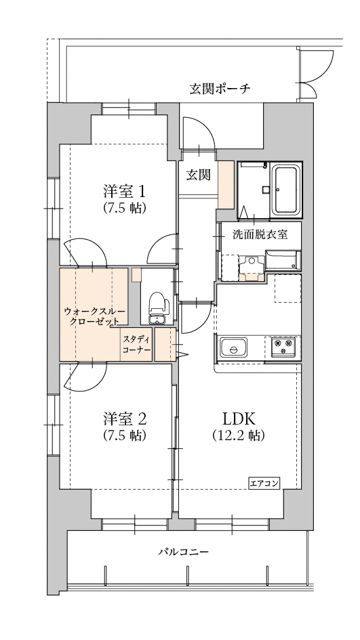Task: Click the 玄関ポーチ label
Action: coord(219,89)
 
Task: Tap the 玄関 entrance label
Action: coord(198,174)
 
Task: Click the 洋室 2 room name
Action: coord(125,418)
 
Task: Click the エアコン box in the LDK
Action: coord(265,482)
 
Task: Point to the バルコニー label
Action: coord(184,551)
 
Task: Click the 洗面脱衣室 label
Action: coord(260,235)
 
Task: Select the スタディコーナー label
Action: coord(137,346)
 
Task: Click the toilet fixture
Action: coord(156,306)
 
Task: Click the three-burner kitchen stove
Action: coord(282,348)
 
